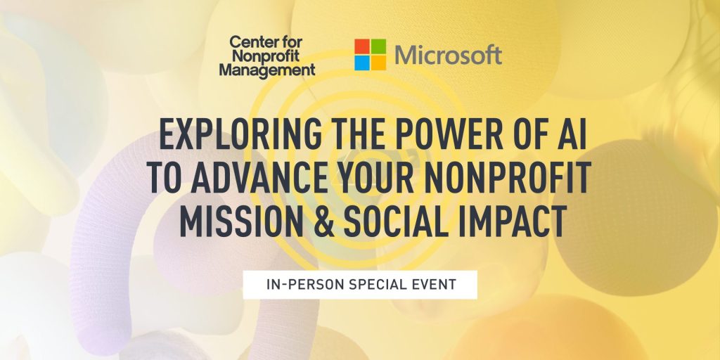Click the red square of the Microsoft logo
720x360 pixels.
[361, 46]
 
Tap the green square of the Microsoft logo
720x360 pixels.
[378, 46]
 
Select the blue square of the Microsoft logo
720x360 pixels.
[361, 63]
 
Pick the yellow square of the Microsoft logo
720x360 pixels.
[378, 63]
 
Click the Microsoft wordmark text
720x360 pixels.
[449, 55]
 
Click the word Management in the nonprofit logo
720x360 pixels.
[266, 70]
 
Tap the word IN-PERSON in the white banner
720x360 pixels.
[297, 285]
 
